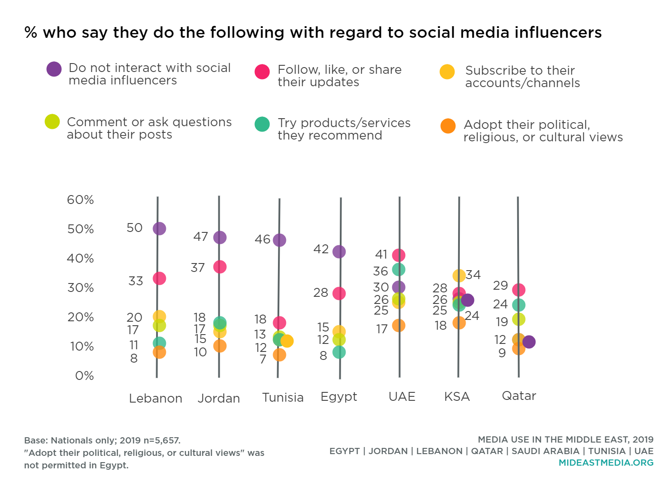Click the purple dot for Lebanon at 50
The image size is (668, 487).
159,228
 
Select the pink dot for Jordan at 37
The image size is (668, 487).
220,267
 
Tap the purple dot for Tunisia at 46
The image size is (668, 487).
279,240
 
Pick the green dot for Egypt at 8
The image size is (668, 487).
339,352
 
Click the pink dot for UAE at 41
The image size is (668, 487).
398,255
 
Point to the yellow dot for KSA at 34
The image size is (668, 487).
459,275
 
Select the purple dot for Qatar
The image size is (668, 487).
529,342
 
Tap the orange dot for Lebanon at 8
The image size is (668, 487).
159,352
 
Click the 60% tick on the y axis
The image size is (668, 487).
80,200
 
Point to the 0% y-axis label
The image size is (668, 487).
85,376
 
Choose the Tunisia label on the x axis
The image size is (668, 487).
283,397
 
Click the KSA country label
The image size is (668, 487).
457,396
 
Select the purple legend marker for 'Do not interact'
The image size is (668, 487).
54,69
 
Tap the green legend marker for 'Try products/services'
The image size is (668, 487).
262,124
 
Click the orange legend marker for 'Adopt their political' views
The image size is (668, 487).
448,126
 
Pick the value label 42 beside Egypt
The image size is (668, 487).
321,249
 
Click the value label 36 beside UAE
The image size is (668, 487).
381,271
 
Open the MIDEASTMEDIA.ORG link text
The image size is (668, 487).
606,463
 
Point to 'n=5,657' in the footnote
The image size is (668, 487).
161,440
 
